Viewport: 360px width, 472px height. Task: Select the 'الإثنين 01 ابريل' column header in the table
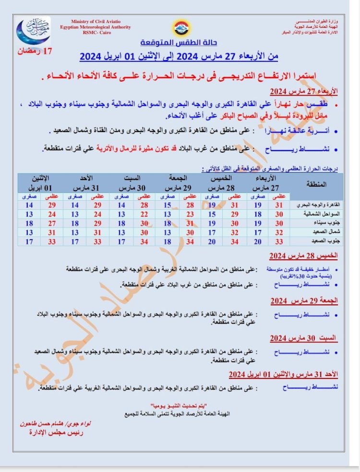click(x=40, y=182)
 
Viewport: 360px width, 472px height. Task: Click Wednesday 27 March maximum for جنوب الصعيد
click(x=279, y=242)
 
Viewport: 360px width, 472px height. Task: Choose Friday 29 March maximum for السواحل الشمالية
click(x=190, y=214)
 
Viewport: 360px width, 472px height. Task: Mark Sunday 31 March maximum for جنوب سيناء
click(x=98, y=223)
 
